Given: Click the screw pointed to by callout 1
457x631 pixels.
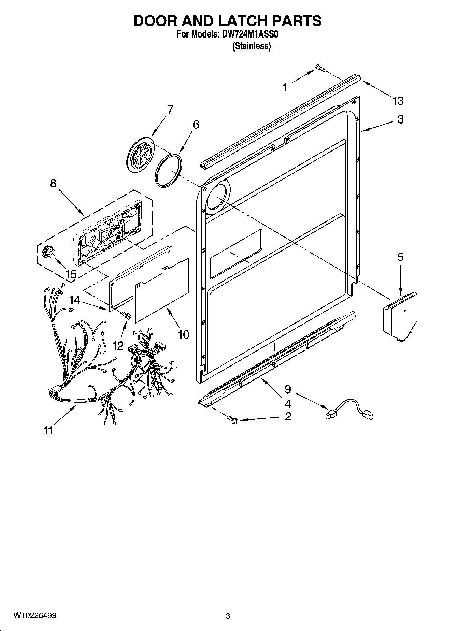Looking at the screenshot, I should pos(319,68).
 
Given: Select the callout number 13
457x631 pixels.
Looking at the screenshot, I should pos(398,101).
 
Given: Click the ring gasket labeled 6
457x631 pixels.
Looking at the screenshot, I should pos(168,170).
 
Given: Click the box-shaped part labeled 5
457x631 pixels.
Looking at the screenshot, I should pos(399,316).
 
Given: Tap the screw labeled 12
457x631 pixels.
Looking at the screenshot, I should pos(127,316).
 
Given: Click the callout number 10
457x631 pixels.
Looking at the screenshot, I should pos(184,334).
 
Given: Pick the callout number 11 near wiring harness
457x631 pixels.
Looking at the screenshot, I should pos(48,431).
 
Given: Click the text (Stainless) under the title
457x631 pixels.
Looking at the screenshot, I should pos(252,46).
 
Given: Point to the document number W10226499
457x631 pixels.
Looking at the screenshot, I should pos(35,615).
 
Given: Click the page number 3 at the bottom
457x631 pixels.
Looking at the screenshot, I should pos(228,616).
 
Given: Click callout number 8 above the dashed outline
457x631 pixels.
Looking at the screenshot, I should pos(53,183).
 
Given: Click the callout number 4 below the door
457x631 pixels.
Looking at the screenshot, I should pos(288,404).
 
